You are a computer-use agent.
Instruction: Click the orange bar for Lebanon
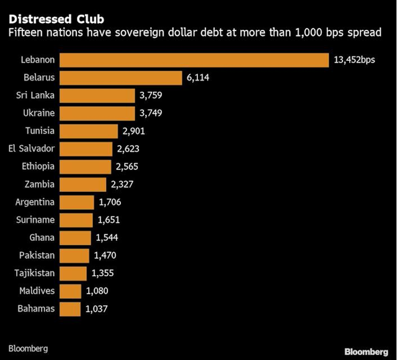[x=194, y=60]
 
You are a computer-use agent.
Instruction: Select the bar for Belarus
[x=121, y=78]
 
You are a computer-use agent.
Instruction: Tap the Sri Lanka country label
[x=36, y=96]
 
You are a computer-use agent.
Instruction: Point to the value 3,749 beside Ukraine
[x=151, y=114]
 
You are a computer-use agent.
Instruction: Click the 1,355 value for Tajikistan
[x=102, y=273]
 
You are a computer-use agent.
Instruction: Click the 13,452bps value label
[x=355, y=60]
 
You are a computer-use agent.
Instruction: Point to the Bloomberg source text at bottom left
[x=28, y=348]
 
